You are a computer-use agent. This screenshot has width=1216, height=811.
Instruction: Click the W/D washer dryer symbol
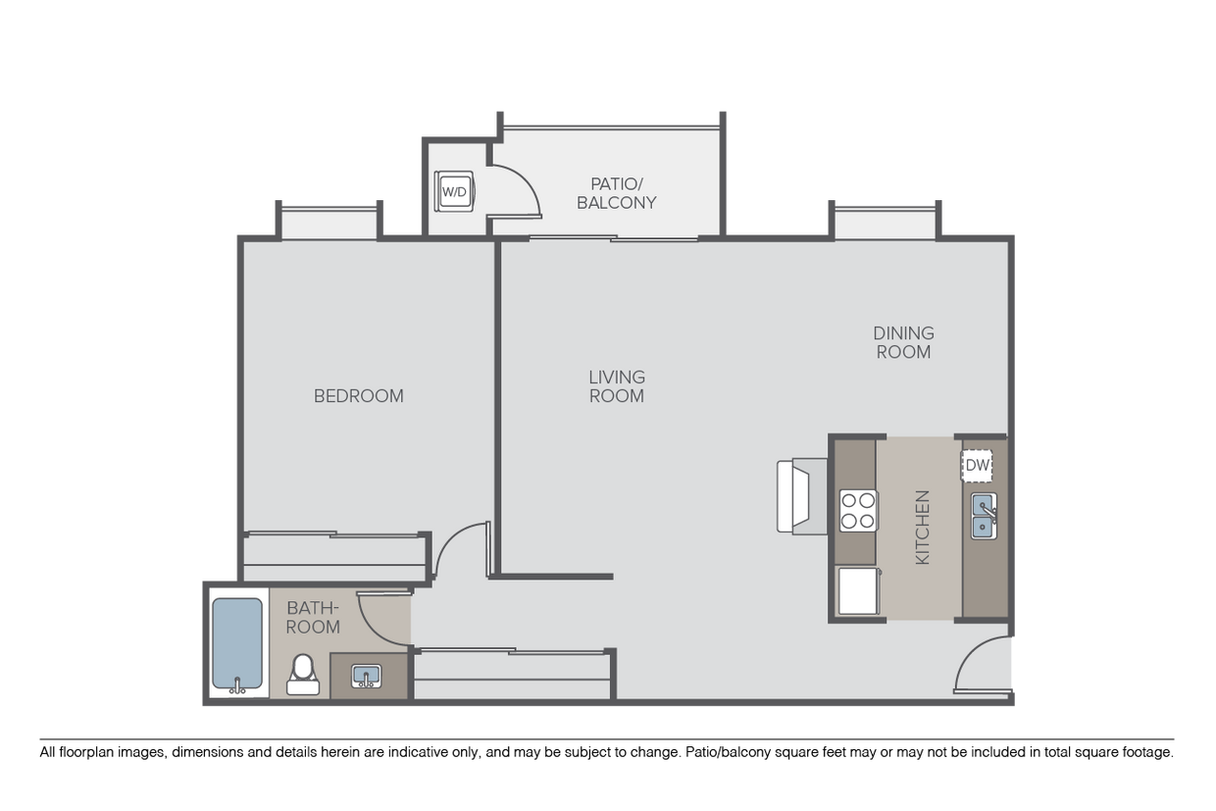(454, 191)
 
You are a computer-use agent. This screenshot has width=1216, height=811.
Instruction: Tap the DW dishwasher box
(977, 466)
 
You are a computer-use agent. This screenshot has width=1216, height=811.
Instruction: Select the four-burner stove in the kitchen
(858, 511)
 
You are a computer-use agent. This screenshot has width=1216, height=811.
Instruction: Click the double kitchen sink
(984, 517)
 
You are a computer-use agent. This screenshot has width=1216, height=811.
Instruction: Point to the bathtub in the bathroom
(237, 643)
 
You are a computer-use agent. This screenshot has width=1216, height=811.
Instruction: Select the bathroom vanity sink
(366, 676)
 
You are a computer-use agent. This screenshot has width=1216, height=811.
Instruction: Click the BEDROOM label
(358, 396)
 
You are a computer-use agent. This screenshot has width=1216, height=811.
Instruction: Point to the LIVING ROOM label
(617, 386)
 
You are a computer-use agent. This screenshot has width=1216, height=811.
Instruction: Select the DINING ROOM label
(903, 342)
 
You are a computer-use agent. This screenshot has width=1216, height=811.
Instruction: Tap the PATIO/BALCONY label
(616, 193)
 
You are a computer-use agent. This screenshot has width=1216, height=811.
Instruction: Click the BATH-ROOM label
(313, 617)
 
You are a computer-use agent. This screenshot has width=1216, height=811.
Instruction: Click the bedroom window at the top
(329, 223)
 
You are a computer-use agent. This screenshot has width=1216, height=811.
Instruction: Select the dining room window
(885, 223)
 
